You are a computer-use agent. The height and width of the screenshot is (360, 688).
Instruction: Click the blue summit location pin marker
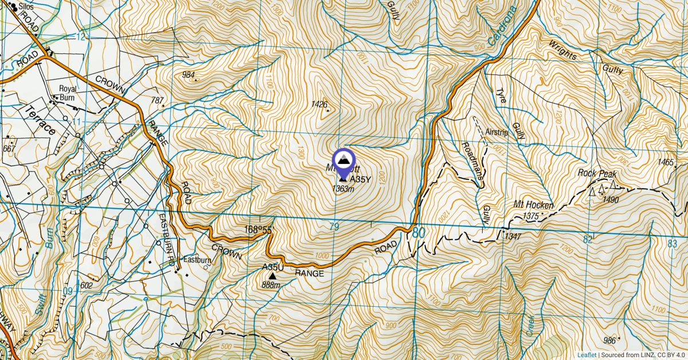(x=343, y=160)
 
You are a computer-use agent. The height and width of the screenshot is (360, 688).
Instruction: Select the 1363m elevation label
(x=343, y=189)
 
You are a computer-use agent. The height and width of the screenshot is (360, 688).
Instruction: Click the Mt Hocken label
(x=525, y=205)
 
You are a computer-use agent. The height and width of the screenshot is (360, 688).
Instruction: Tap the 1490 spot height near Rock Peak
(x=611, y=199)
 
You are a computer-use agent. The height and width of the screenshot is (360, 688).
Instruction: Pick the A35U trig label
(x=273, y=267)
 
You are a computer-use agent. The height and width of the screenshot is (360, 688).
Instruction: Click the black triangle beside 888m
(x=272, y=276)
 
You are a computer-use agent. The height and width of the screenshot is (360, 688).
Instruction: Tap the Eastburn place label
(x=197, y=260)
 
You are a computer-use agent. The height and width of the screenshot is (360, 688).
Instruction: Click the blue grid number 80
(x=419, y=233)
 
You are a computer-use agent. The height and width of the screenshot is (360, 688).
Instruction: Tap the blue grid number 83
(x=673, y=244)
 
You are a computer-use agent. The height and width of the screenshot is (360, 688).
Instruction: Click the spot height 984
(x=188, y=75)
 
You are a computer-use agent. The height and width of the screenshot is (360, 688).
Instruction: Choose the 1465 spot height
(x=666, y=163)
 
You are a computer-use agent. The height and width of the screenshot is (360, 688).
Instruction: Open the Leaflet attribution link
(x=587, y=355)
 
